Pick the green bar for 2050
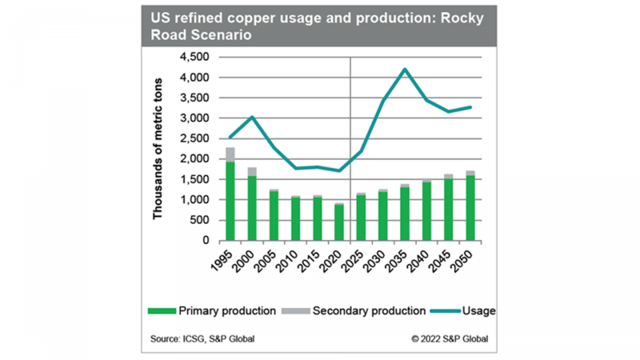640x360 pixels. [x=470, y=208]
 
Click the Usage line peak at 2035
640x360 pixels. [x=406, y=70]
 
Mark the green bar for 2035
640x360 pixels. [x=405, y=214]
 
